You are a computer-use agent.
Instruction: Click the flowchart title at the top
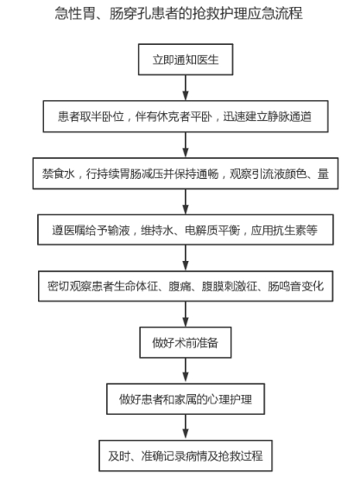click(179, 13)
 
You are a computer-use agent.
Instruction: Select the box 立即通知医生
click(186, 60)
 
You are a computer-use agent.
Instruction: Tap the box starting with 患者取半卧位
click(186, 117)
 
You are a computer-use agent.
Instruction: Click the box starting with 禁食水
click(186, 174)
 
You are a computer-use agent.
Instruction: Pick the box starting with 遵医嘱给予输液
click(186, 230)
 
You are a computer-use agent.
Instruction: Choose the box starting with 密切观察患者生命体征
click(186, 286)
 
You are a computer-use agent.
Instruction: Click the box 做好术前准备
click(186, 342)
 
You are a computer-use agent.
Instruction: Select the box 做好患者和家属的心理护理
click(186, 399)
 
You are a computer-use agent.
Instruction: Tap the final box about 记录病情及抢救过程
click(186, 455)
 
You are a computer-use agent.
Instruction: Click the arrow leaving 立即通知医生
click(186, 88)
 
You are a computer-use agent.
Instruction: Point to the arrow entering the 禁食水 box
click(186, 145)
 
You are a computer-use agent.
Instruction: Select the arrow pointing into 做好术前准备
click(186, 315)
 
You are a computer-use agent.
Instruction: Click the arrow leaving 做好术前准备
click(186, 371)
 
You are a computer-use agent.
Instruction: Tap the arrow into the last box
click(186, 427)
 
